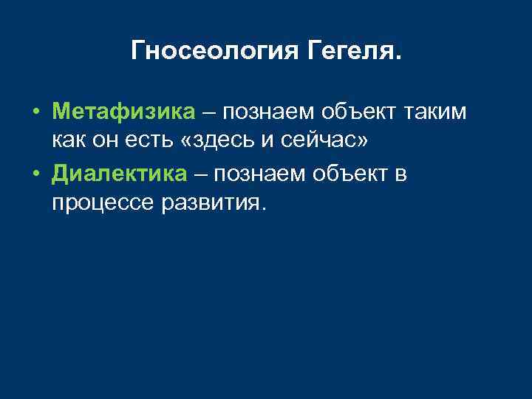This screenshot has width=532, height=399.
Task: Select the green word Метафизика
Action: pos(123,112)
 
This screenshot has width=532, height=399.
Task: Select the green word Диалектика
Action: pos(119,174)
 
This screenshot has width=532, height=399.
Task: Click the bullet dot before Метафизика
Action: pos(35,112)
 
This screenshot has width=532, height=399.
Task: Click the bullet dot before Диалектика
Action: pos(35,174)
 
